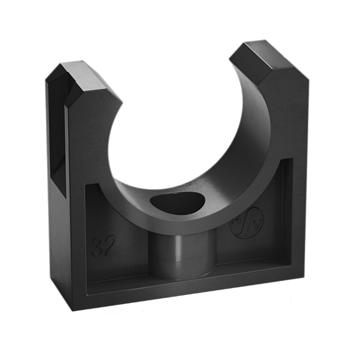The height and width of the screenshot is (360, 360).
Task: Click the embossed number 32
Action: coord(104,246)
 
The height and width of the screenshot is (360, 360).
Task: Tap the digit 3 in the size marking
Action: coord(98,246)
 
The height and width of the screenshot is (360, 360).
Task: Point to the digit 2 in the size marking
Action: coord(110,247)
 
